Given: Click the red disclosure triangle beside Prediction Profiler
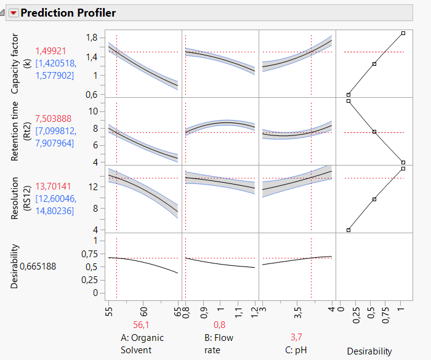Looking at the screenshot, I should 14,13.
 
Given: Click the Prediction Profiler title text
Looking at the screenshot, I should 68,13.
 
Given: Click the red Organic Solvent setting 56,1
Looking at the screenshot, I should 143,325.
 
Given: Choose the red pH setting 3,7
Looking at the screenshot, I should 297,337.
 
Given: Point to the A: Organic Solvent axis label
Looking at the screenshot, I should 143,343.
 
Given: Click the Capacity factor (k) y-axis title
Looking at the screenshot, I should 18,65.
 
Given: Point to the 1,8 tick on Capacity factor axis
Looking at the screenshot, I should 93,38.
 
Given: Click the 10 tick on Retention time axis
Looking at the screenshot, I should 94,111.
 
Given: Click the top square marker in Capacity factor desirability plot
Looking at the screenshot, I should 403,33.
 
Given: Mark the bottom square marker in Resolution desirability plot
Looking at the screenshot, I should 348,230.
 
